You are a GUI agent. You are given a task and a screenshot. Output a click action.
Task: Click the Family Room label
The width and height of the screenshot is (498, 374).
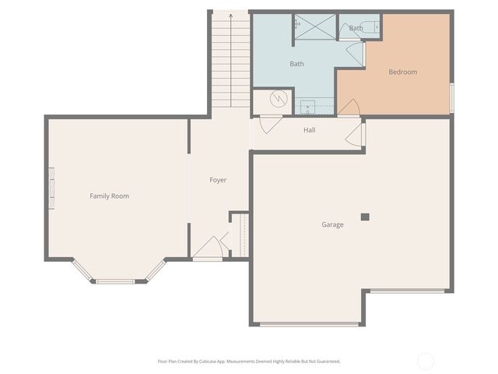[x=109, y=196]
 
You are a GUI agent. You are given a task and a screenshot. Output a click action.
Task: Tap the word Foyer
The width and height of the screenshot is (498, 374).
[x=218, y=180]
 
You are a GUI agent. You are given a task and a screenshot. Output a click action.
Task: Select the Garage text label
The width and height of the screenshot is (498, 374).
[x=333, y=224]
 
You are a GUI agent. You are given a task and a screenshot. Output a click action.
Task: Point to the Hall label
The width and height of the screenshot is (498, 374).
[x=309, y=129]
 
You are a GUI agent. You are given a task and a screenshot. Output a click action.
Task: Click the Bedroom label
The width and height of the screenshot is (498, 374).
[x=402, y=72]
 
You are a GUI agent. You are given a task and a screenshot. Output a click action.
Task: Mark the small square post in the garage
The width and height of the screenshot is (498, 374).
[x=364, y=217]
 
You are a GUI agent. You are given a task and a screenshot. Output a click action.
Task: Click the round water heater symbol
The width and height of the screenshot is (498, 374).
[x=279, y=99]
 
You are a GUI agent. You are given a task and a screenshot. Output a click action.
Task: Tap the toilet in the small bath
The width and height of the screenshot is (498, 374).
[x=377, y=27]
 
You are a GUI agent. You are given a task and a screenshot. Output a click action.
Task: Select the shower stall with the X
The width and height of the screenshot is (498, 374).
[x=314, y=27]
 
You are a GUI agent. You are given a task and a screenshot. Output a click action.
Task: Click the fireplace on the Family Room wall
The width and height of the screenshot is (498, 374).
[x=52, y=189]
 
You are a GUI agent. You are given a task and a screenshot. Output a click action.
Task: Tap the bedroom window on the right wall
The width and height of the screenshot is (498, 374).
[x=451, y=97]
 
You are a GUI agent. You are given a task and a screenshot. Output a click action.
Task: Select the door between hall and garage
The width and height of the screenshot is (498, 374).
[x=355, y=134]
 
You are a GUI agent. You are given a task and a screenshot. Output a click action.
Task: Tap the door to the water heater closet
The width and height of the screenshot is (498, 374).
[x=269, y=123]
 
